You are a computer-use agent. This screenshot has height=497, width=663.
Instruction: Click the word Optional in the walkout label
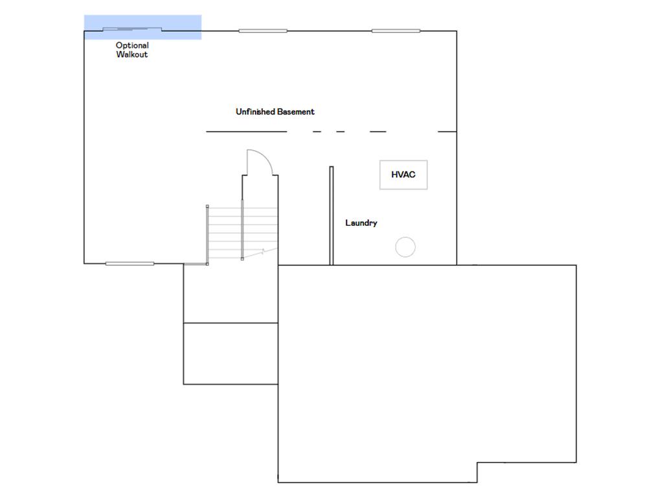[x=132, y=45]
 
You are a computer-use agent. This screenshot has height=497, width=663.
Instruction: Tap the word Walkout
[x=132, y=54]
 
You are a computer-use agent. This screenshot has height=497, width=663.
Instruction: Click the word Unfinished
[x=255, y=111]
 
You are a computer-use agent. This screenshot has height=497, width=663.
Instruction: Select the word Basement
[x=296, y=111]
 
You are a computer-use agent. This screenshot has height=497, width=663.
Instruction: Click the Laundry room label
[x=361, y=223]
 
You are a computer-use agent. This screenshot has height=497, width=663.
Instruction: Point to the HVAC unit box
[x=403, y=175]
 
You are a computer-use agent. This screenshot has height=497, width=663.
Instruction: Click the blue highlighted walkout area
[x=142, y=27]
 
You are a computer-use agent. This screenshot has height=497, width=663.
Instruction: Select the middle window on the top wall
[x=263, y=31]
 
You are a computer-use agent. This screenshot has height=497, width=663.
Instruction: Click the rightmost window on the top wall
[x=396, y=31]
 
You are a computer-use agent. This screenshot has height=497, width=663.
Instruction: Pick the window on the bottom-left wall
[x=129, y=264]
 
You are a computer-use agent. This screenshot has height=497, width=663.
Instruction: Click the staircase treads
[x=242, y=232]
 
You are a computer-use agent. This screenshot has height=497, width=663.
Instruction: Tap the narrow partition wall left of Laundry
[x=331, y=215]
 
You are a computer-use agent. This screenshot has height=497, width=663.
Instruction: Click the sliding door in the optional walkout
[x=132, y=29]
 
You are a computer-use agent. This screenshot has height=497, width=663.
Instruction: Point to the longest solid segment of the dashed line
[x=247, y=131]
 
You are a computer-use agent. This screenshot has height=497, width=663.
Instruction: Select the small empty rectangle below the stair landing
[x=231, y=354]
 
